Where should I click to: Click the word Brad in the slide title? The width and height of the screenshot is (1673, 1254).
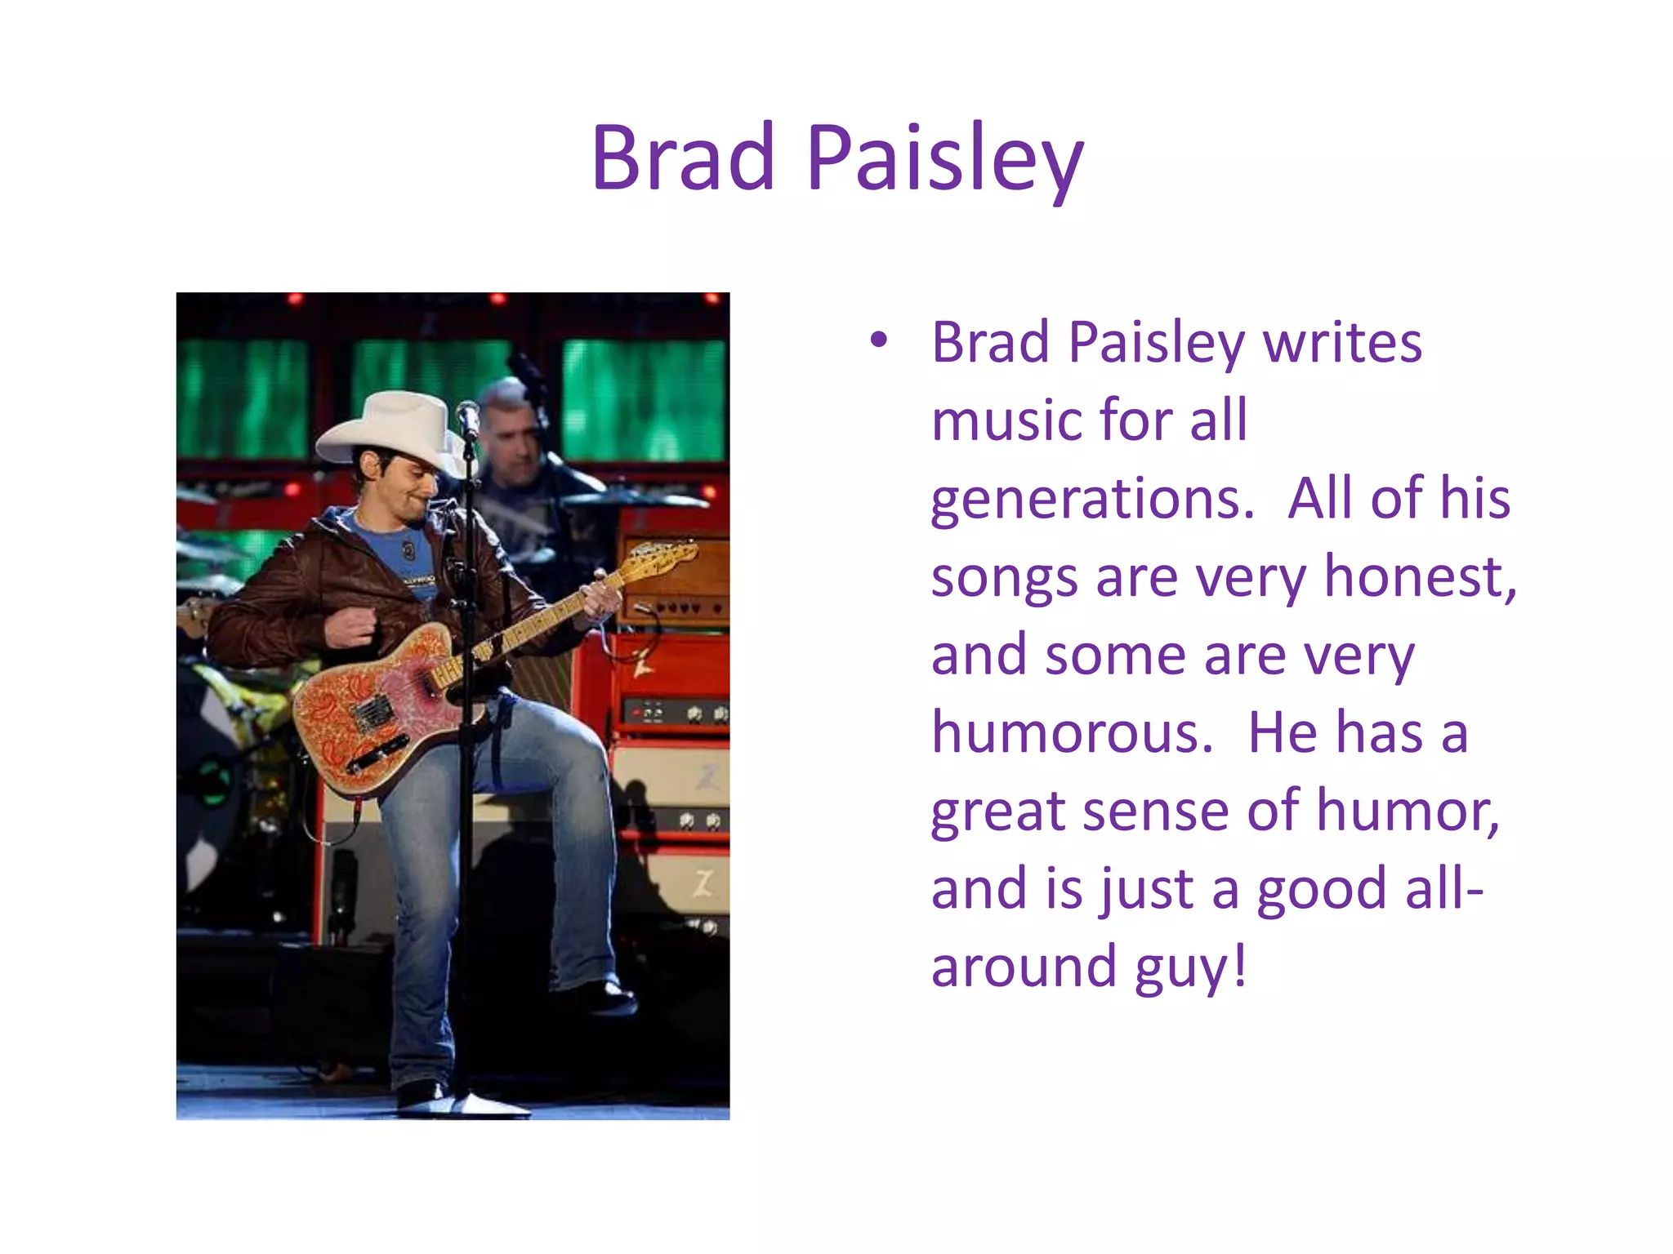pos(683,158)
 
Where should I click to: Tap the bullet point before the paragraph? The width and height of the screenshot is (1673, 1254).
pos(878,340)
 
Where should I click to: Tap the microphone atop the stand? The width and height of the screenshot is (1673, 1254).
pos(468,419)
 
